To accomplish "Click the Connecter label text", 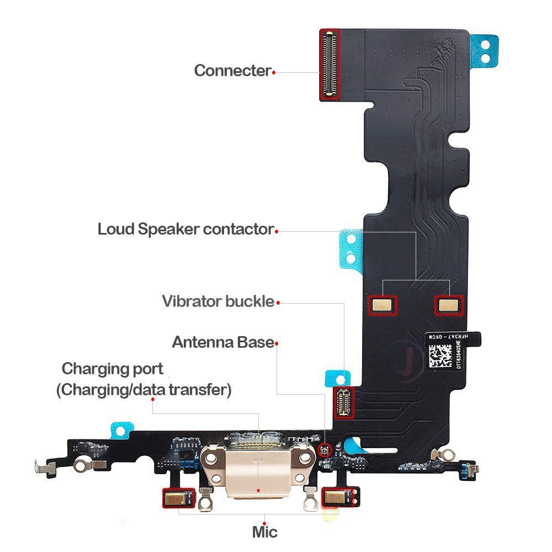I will coord(232,71).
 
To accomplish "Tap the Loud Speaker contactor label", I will coord(185,229).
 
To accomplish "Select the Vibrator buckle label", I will coord(217,301).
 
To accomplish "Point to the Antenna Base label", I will coord(223,342).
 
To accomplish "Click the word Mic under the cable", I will coord(264,532).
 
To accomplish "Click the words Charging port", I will coord(112,368).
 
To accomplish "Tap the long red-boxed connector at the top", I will coord(330,65).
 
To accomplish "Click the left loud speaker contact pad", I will coord(383,303).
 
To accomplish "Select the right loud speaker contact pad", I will coord(448,303).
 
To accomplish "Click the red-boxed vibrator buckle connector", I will coord(343,401).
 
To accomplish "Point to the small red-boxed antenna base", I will coord(325,452).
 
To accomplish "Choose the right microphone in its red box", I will coord(334,498).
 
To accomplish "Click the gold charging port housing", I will coord(257,472).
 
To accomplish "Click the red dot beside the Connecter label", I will coord(274,71).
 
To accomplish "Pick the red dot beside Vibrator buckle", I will coord(278,302).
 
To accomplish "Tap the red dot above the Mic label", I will coord(266,523).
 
